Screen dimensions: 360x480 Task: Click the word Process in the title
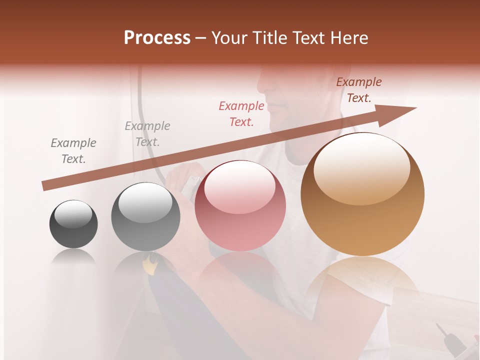coord(157,38)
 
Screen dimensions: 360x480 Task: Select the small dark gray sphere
coord(73,224)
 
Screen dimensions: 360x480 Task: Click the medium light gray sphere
coord(145,217)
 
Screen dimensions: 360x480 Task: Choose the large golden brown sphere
coord(362,194)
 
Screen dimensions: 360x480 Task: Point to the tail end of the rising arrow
coord(44,186)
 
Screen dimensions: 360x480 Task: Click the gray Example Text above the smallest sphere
coord(73,151)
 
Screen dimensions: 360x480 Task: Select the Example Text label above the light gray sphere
coord(147,134)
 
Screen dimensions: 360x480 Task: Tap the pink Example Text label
coord(241,113)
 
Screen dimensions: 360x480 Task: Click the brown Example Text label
coord(359,90)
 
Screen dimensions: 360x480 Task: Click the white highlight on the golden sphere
coord(361,167)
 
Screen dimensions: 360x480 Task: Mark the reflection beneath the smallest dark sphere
coord(73,257)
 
